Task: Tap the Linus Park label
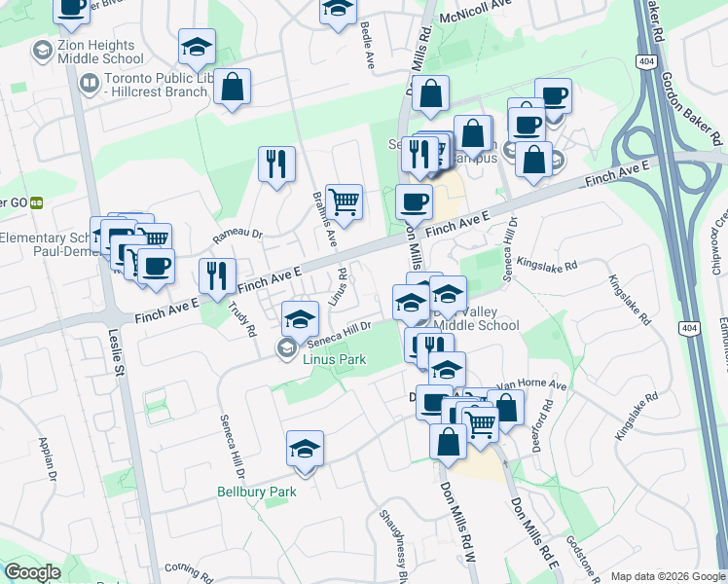pyautogui.click(x=334, y=359)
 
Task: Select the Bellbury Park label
pyautogui.click(x=256, y=492)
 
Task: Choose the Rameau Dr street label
pyautogui.click(x=238, y=234)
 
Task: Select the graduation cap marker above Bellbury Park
pyautogui.click(x=305, y=449)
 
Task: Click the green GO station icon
pyautogui.click(x=37, y=202)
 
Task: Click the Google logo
pyautogui.click(x=33, y=572)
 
